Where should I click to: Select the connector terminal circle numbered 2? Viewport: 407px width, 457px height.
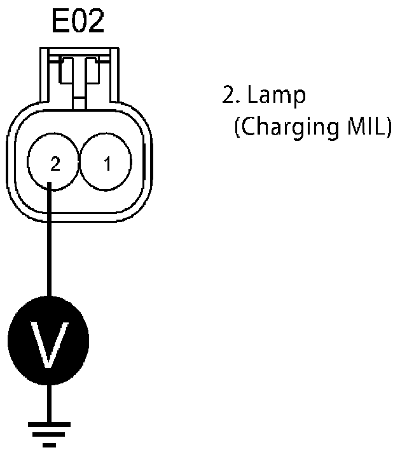click(54, 164)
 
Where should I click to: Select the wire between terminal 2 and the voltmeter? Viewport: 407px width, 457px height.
click(49, 241)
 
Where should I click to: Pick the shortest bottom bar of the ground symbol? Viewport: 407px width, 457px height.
click(49, 442)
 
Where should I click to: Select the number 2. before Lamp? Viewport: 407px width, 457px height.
click(230, 96)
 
